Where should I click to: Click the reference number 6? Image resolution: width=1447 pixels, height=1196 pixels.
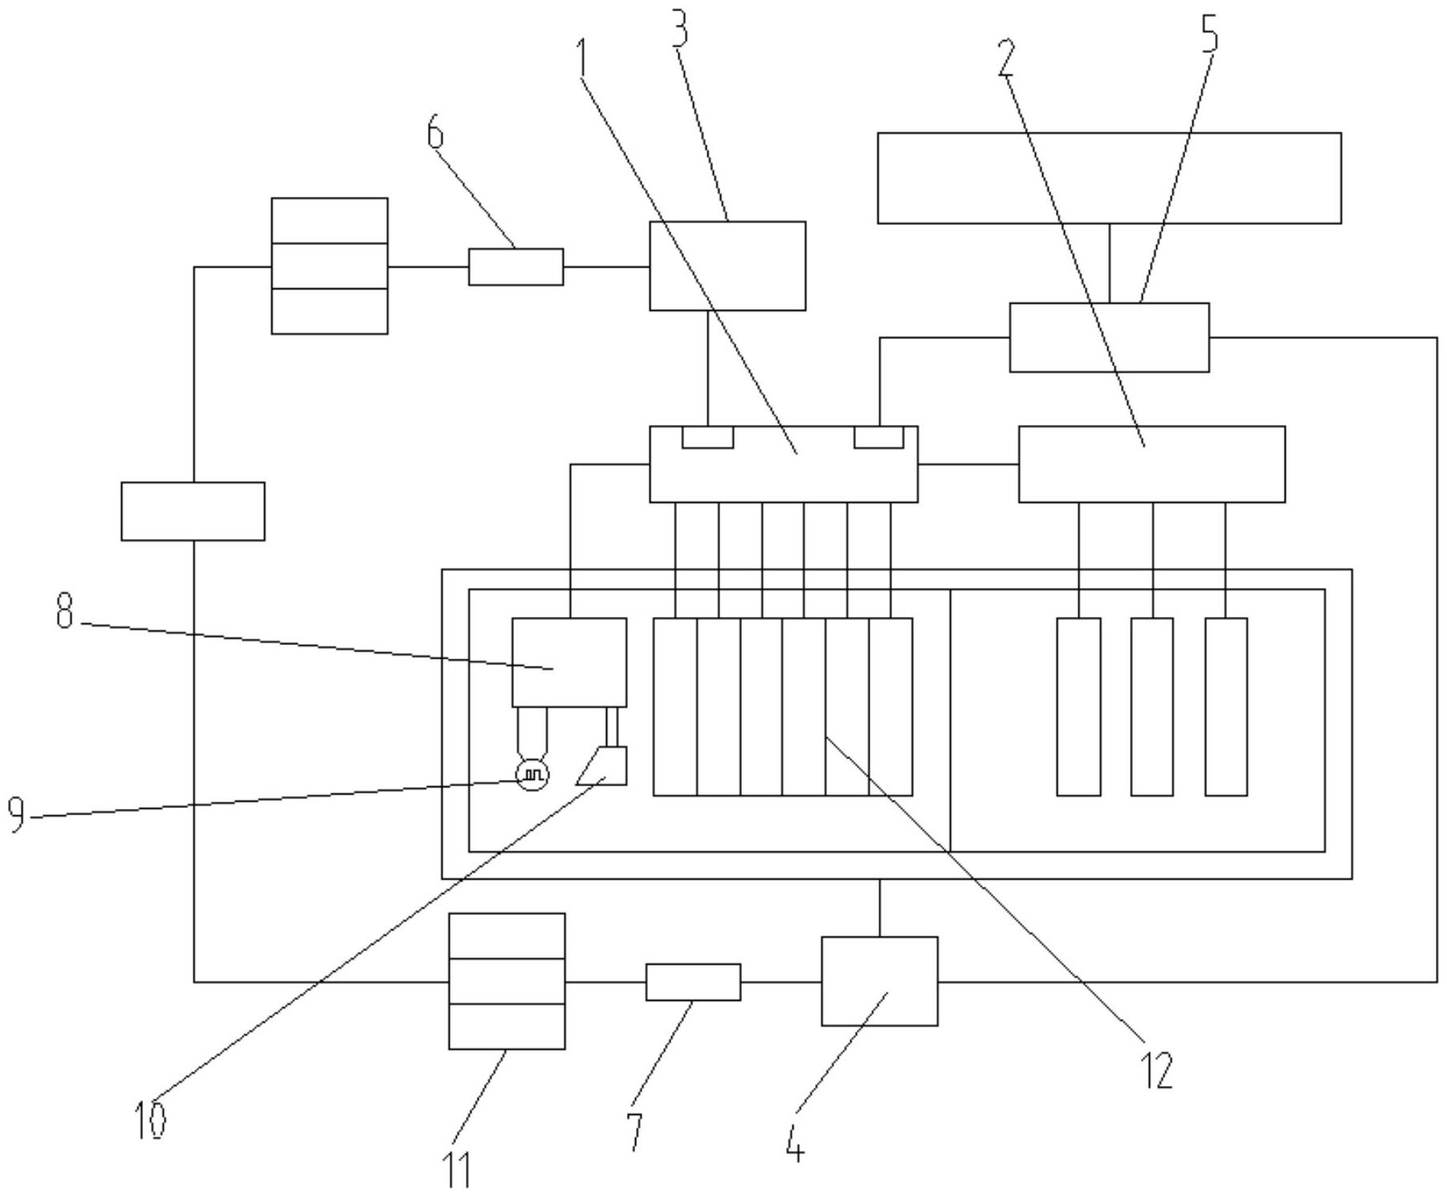click(x=434, y=133)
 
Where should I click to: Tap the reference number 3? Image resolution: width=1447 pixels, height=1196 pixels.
click(x=680, y=32)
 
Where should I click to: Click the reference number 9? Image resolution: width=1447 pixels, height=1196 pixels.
click(x=17, y=814)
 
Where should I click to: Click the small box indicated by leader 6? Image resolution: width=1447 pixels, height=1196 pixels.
click(x=516, y=267)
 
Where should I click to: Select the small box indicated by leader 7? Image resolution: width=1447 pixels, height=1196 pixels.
click(x=693, y=982)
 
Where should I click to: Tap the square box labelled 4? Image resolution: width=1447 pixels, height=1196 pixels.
click(x=879, y=981)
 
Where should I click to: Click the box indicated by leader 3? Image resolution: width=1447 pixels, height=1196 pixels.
click(x=727, y=266)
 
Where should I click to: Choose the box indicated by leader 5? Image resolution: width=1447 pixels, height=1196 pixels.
click(x=1109, y=337)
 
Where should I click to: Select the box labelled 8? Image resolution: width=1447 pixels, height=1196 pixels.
click(x=569, y=662)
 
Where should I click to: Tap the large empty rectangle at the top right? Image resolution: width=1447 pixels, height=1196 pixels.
click(x=1109, y=178)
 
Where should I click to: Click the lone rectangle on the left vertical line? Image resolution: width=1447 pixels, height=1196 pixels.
click(x=193, y=511)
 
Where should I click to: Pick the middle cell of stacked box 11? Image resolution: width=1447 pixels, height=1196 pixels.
click(x=507, y=981)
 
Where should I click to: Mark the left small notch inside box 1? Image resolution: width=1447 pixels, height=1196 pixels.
click(x=707, y=438)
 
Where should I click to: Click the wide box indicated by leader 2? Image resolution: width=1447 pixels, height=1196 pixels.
click(x=1151, y=464)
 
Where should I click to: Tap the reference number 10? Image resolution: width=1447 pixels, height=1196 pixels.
click(x=150, y=1120)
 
